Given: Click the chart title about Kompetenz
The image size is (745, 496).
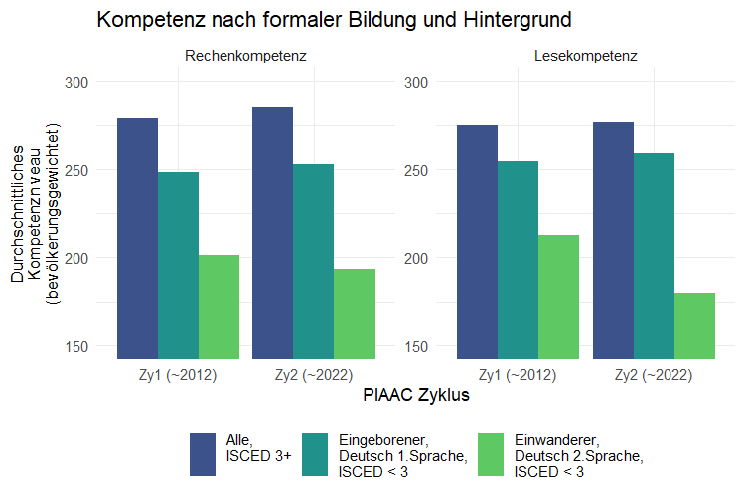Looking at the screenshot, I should point(335,21).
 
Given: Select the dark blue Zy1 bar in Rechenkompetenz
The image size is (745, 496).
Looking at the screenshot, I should point(137,238).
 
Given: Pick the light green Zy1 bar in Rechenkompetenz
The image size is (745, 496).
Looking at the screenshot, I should point(219,307).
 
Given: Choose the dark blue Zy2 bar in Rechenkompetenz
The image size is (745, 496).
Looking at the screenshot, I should point(272,232).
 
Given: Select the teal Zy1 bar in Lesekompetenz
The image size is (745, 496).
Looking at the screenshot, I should point(518,259).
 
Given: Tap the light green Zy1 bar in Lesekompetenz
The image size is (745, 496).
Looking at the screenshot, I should point(558,297).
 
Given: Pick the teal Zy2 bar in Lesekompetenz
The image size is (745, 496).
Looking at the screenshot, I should point(654,255).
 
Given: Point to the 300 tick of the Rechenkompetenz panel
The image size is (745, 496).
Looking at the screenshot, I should point(75,82).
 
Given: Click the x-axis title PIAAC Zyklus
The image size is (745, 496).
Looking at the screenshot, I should point(415,395).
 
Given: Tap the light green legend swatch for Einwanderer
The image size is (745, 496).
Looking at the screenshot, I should point(491,455).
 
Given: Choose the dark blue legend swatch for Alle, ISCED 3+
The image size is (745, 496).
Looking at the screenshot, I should point(203,455).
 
